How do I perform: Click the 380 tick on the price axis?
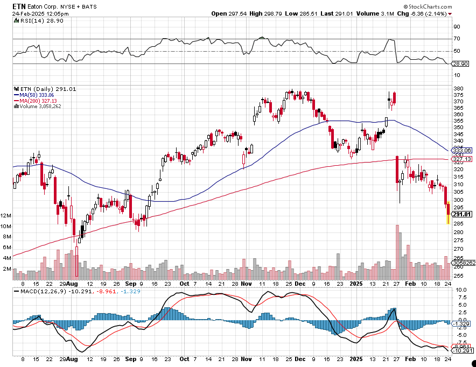coord(458,89)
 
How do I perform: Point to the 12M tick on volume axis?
coord(6,216)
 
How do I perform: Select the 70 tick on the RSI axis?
coord(457,39)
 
